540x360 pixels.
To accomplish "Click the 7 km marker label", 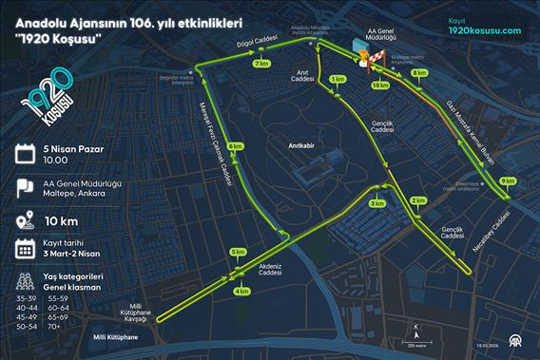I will point(260,64).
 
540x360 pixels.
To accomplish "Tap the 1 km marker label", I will point(337,80).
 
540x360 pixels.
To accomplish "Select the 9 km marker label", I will point(507,180).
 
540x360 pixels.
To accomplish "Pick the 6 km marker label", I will point(236,146).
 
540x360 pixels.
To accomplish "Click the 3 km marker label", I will point(377,203).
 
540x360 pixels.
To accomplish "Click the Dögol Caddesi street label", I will point(257,43).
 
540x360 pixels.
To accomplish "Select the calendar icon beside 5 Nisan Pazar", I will point(26,153).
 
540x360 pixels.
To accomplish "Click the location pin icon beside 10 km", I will point(26,219).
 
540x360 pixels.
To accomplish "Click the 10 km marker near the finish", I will point(379,85).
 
